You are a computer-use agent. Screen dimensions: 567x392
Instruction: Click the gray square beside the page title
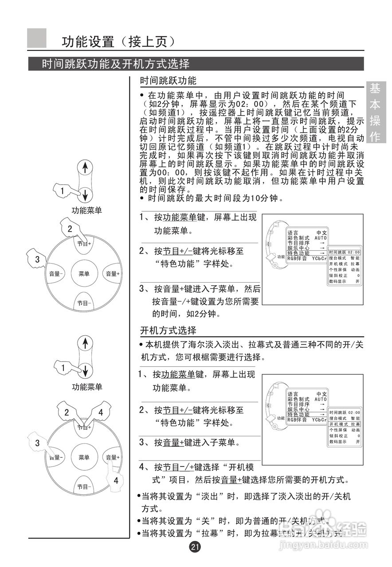(37, 38)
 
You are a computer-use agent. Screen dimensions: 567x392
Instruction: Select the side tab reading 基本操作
(376, 113)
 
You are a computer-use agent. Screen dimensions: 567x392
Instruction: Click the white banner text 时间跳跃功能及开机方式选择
(116, 64)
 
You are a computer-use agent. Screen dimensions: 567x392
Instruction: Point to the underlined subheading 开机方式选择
(168, 330)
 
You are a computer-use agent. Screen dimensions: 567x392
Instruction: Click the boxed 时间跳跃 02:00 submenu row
(344, 252)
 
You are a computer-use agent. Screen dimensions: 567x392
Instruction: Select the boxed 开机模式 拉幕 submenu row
(344, 424)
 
